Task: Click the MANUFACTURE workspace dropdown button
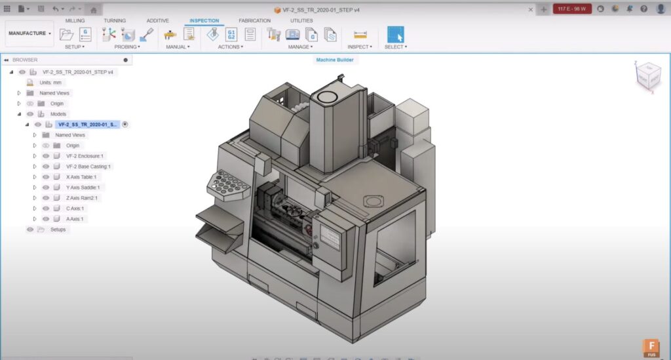[x=29, y=33]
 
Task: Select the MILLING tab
[x=75, y=21]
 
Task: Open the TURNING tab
[x=115, y=21]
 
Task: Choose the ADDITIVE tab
[x=157, y=21]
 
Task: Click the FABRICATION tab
[x=254, y=21]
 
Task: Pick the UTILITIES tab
[x=301, y=21]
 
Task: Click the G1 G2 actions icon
[x=231, y=34]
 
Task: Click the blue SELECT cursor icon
[x=395, y=34]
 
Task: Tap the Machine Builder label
[x=335, y=60]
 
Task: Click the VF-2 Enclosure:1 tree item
[x=85, y=156]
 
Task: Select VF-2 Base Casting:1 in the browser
[x=88, y=167]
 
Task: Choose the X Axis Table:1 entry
[x=81, y=177]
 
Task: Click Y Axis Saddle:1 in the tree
[x=83, y=188]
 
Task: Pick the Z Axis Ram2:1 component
[x=82, y=198]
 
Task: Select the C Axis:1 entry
[x=75, y=209]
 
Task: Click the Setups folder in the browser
[x=58, y=230]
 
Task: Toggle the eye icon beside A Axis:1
[x=46, y=219]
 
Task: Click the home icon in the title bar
[x=94, y=9]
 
